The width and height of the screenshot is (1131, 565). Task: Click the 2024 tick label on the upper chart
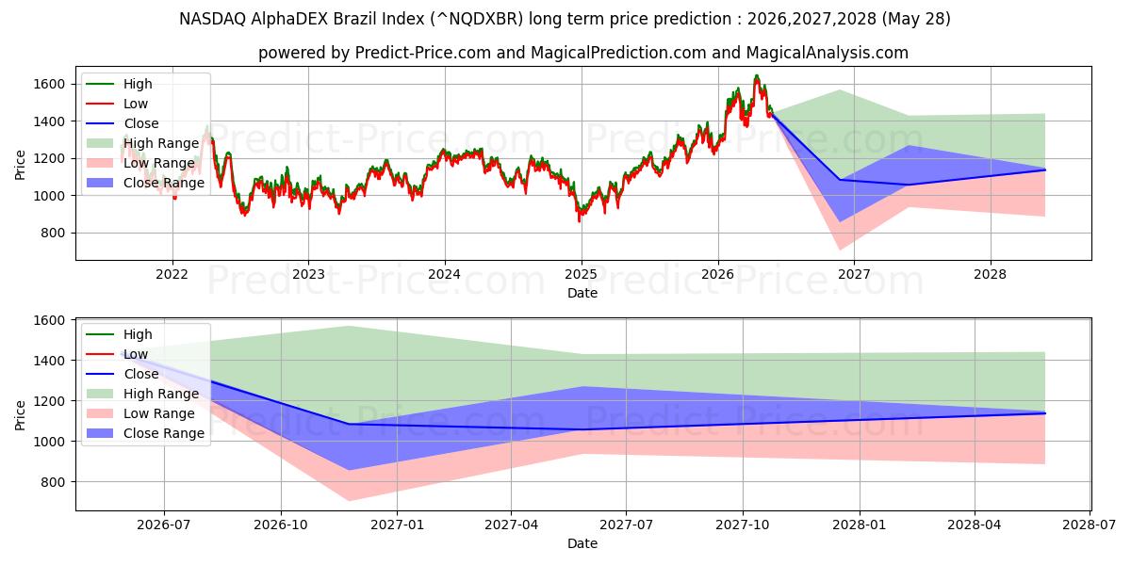pos(444,274)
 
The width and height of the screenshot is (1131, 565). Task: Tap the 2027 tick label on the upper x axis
pos(854,274)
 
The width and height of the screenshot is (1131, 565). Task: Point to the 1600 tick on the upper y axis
pos(49,84)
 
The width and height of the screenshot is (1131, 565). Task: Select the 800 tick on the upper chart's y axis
pos(54,234)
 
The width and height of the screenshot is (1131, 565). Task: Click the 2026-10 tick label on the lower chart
pos(281,525)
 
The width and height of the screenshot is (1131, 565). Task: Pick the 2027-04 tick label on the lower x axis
pos(511,525)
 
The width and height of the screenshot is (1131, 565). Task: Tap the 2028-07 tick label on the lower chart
pos(1090,525)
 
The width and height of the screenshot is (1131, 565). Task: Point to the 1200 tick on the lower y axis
pos(49,401)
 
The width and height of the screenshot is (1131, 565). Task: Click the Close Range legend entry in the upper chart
pos(145,183)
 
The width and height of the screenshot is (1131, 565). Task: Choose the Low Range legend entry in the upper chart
pos(140,163)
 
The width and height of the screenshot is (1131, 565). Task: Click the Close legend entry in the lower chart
pos(123,374)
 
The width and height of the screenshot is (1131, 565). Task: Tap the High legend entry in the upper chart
pos(119,84)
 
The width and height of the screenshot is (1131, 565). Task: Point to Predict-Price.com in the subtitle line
pos(423,53)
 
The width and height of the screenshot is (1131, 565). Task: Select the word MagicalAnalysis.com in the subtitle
pos(828,53)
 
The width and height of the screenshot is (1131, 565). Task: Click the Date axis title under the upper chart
pos(582,293)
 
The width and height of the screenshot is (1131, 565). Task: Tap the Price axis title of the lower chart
pos(20,415)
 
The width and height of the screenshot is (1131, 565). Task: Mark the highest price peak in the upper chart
pos(756,75)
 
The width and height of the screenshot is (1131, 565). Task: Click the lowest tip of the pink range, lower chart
pos(349,501)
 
